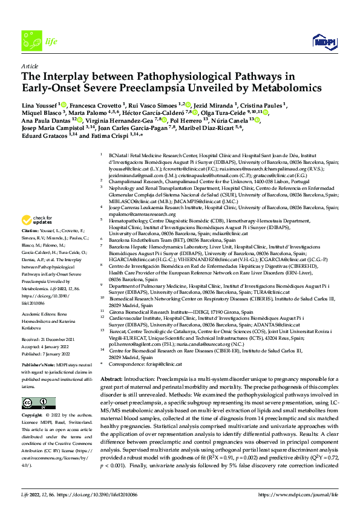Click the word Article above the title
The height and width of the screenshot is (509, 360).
[29, 65]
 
